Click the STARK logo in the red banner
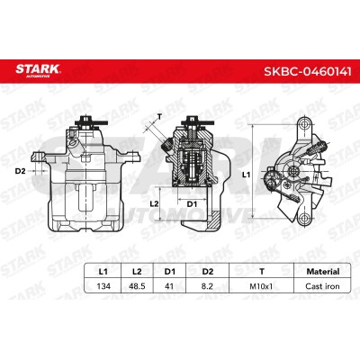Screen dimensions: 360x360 [38, 70]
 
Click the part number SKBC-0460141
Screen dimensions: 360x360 [308, 71]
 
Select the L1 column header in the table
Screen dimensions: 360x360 [103, 272]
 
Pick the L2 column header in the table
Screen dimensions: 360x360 [137, 272]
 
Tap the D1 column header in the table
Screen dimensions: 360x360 [169, 272]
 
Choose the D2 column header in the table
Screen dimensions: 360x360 [207, 272]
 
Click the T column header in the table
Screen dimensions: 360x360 [262, 272]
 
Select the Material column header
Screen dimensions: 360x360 [323, 272]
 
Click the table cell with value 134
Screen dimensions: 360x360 [103, 286]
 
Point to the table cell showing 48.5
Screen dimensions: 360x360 [137, 286]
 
